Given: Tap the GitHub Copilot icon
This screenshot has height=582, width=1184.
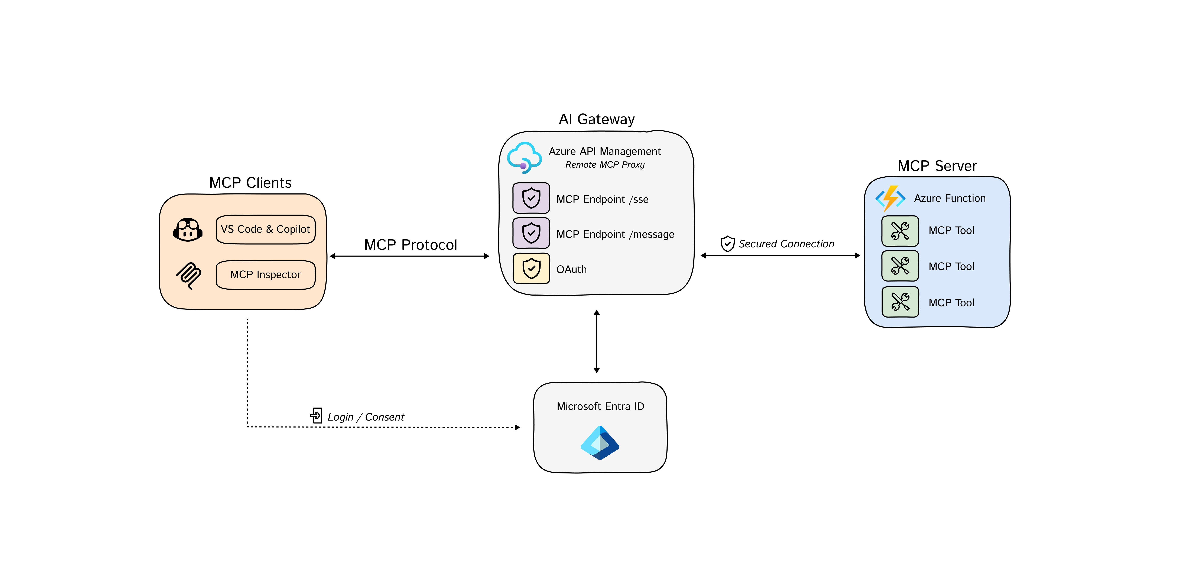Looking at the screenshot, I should pyautogui.click(x=188, y=229).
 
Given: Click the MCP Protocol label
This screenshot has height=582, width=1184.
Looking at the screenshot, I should pyautogui.click(x=411, y=245).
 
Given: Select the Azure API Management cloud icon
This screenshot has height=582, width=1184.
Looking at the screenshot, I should pyautogui.click(x=524, y=157).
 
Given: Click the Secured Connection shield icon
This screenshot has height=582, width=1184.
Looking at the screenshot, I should pyautogui.click(x=727, y=244).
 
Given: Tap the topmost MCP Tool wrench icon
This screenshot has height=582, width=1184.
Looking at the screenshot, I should pyautogui.click(x=900, y=231).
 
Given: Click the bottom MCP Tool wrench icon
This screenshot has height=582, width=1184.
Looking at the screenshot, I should pyautogui.click(x=900, y=302).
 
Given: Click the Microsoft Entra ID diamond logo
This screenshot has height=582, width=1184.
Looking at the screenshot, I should pyautogui.click(x=600, y=443).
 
